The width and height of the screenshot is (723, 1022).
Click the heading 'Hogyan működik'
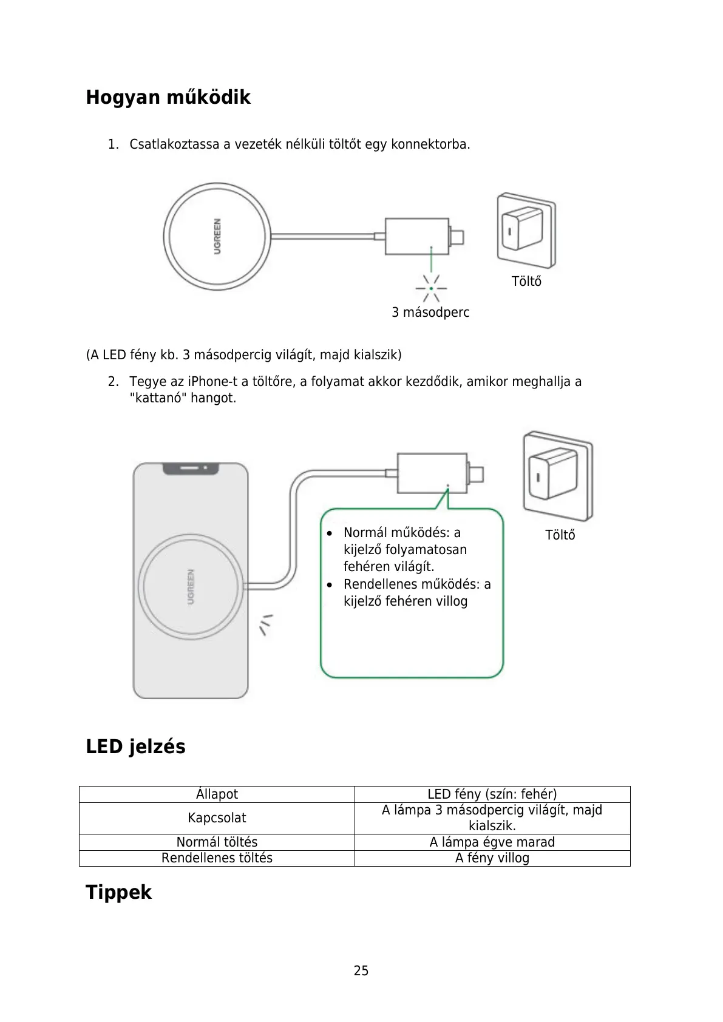[168, 97]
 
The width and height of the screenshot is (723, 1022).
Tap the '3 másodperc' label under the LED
[430, 313]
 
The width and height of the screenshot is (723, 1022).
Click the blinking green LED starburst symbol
[431, 288]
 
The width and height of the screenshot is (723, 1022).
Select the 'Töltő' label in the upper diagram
[526, 282]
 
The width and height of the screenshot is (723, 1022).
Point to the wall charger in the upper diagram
[526, 230]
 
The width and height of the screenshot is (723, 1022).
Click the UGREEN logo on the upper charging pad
[217, 235]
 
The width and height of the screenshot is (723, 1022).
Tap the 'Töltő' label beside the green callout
[560, 535]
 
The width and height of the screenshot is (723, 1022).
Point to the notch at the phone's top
[191, 469]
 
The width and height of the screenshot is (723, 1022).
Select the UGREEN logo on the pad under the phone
[191, 587]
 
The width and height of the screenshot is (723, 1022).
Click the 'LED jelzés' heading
[135, 746]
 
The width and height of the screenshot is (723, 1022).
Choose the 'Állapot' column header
[217, 794]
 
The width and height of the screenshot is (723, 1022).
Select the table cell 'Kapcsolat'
[217, 818]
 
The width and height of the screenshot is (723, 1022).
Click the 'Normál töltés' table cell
[217, 842]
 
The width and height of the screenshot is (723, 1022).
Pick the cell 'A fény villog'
[492, 858]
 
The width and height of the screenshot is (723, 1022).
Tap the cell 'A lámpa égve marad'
[492, 842]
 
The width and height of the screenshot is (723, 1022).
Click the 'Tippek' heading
[118, 892]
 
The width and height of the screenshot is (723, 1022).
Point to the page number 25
[361, 970]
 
